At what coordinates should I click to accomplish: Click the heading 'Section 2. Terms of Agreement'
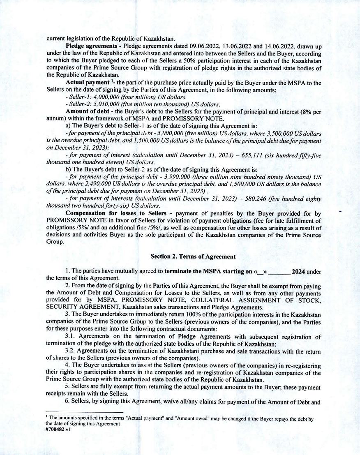[193, 256]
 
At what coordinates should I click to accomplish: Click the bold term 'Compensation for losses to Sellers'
[116, 213]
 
